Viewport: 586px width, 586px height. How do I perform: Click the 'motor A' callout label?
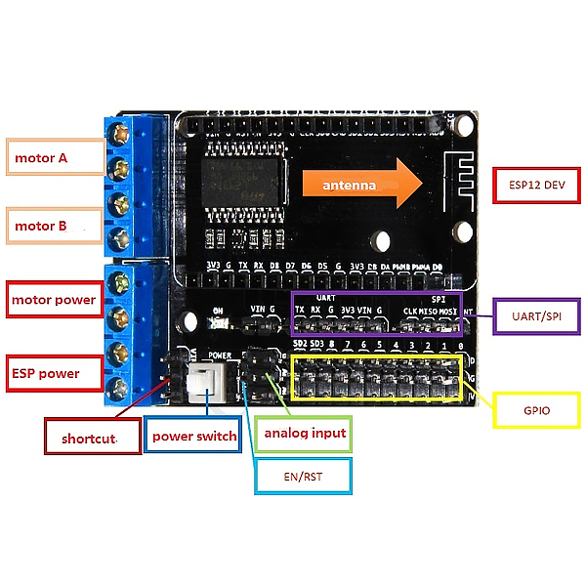pyautogui.click(x=55, y=157)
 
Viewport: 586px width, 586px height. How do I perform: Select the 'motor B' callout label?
pyautogui.click(x=55, y=226)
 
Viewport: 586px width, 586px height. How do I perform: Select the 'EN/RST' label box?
pyautogui.click(x=302, y=477)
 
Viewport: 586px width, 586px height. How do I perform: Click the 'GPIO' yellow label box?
pyautogui.click(x=537, y=410)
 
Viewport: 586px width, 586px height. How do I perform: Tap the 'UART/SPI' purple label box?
pyautogui.click(x=535, y=315)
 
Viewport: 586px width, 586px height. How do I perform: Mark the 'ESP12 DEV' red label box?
pyautogui.click(x=536, y=183)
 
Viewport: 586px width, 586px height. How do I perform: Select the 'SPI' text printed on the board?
pyautogui.click(x=438, y=298)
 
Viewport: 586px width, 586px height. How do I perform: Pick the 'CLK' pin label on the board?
pyautogui.click(x=410, y=312)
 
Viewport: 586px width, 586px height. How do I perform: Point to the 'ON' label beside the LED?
pyautogui.click(x=217, y=312)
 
